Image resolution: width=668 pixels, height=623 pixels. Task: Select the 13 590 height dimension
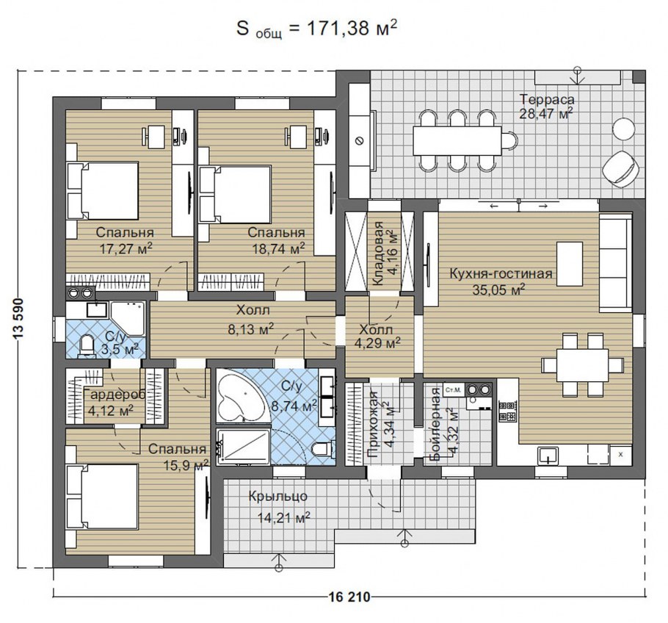tap(18, 319)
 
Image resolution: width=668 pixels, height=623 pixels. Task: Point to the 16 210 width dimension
tap(349, 597)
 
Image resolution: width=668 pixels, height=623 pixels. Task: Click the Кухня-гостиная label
tap(501, 273)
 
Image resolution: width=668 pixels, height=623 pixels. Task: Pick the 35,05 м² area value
tap(498, 289)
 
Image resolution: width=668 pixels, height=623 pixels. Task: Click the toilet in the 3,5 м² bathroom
tap(87, 345)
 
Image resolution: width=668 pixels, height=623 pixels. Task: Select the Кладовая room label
tap(377, 253)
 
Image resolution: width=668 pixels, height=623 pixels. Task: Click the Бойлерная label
tap(435, 424)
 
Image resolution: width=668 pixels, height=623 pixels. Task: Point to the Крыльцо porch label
tap(277, 497)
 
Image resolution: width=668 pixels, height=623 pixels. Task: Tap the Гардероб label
tap(115, 395)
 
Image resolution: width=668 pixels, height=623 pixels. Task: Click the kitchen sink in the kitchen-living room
tap(548, 455)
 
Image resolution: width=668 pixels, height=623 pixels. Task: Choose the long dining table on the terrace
tap(457, 141)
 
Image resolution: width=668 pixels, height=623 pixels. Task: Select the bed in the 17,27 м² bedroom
tap(103, 190)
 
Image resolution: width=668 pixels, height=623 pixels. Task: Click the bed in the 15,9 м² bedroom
tap(102, 497)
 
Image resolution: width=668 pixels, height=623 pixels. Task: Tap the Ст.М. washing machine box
tap(453, 389)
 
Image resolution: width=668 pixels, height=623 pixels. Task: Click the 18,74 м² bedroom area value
tap(278, 248)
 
